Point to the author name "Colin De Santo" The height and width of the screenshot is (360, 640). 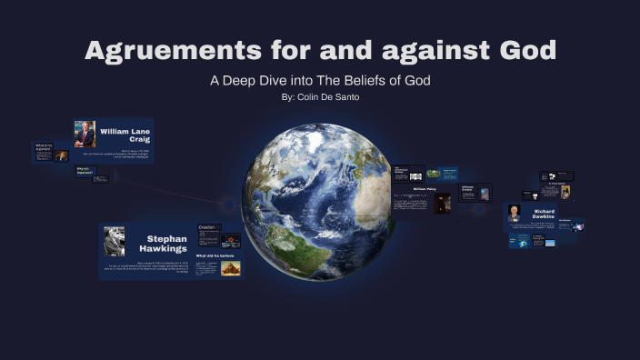(x=328, y=97)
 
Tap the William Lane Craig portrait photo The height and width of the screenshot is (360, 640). (x=85, y=134)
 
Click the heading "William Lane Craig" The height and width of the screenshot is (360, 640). (x=125, y=135)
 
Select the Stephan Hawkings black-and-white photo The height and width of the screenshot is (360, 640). (x=114, y=240)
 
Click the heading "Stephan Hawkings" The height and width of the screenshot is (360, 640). (x=164, y=243)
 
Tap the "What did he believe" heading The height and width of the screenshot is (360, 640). (x=215, y=256)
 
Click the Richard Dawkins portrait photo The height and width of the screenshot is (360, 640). (x=515, y=215)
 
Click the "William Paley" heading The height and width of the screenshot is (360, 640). (x=425, y=189)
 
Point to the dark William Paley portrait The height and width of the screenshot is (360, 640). (x=442, y=204)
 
